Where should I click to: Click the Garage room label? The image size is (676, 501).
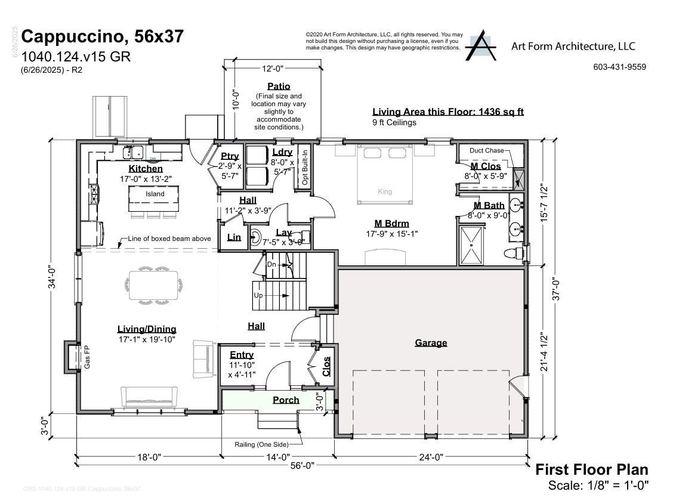pos(431,342)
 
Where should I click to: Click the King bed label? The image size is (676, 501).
pos(385,191)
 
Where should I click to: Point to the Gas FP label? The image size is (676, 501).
pos(87,357)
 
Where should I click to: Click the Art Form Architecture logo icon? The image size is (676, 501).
pos(481,45)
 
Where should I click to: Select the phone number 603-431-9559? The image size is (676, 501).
pos(619,67)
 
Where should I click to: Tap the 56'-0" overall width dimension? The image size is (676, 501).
pos(302,465)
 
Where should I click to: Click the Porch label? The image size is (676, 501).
pos(286,400)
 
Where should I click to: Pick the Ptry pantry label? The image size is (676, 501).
pos(230,156)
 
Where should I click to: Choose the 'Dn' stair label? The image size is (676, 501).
pos(271,264)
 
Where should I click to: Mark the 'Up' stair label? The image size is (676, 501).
pos(258,295)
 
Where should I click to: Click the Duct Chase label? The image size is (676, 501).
pos(486,151)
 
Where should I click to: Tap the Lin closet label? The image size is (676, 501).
pos(234,237)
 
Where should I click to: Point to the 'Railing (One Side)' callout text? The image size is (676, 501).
pos(262,444)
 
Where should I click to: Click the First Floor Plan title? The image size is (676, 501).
pos(591,469)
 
